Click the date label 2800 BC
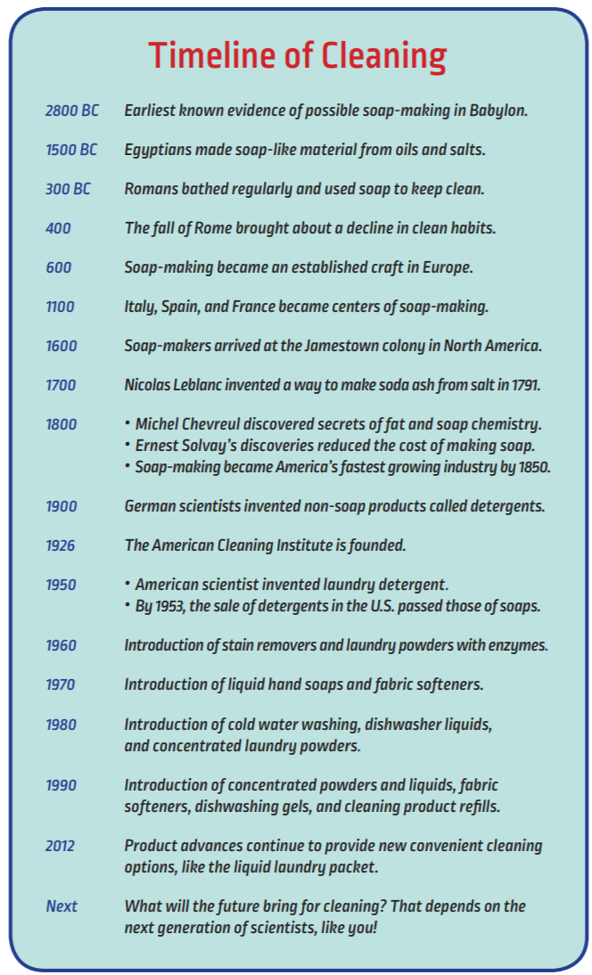click(x=72, y=111)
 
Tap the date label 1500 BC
click(x=71, y=150)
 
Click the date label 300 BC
click(x=68, y=189)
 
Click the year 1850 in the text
click(x=530, y=466)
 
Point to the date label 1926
click(x=61, y=545)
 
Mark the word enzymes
click(x=516, y=645)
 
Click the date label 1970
click(x=61, y=684)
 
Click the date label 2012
click(x=61, y=846)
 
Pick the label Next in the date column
click(x=62, y=906)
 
